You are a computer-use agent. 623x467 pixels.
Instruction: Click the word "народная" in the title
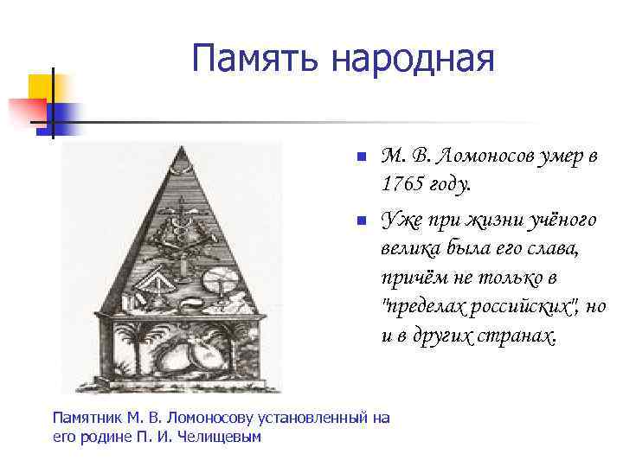click(x=412, y=60)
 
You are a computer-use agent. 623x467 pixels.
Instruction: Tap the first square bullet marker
click(x=362, y=158)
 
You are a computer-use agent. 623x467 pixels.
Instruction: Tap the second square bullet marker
click(x=362, y=222)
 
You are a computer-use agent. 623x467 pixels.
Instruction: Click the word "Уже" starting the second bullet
click(x=400, y=221)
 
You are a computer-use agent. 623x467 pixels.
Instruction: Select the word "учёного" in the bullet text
click(x=561, y=221)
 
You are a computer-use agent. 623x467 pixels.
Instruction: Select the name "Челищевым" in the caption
click(x=220, y=436)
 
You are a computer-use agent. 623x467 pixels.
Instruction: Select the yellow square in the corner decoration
click(x=45, y=87)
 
